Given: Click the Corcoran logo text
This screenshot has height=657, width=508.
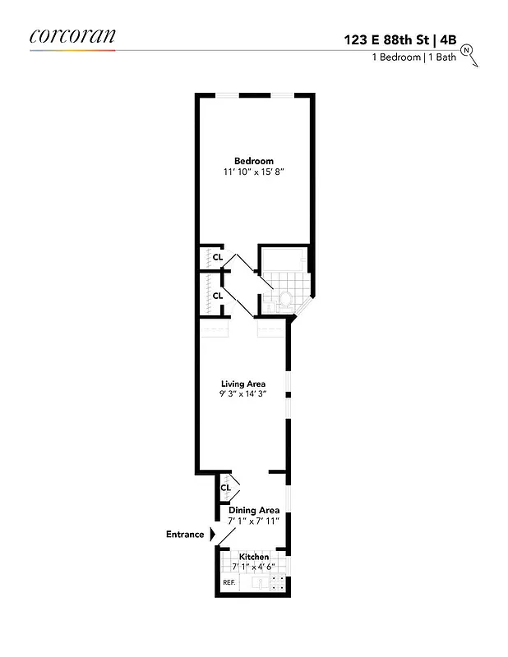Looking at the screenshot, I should coord(72,35).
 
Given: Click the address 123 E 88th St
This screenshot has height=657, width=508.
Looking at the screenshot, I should coord(386,39).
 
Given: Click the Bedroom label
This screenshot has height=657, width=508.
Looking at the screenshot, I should coord(253,161).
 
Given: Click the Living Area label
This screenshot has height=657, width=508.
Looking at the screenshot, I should coord(243,384).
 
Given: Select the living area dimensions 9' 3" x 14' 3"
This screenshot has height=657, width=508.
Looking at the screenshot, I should coord(243,394).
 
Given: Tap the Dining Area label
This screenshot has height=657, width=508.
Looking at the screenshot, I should coord(253,510).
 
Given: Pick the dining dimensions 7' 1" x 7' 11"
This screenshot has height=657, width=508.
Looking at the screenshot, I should coord(253,521).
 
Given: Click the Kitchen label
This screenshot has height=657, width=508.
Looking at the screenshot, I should coord(253,557).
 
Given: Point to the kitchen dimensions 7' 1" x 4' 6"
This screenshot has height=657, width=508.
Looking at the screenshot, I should coord(253,567).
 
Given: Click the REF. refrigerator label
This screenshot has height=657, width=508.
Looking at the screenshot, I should coord(229,583).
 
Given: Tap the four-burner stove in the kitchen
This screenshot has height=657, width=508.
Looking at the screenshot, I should coord(278,583).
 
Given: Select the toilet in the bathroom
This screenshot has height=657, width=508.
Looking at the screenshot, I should coord(287,299).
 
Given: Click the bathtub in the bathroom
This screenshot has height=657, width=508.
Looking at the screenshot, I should coord(284,261).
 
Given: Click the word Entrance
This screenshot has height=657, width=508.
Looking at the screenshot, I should coord(185,535).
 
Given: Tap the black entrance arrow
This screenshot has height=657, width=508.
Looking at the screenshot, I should coord(212,535).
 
